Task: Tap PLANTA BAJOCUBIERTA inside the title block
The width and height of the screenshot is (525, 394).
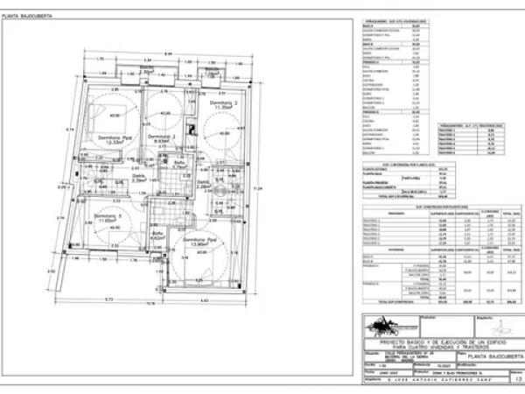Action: [x=494, y=357]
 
